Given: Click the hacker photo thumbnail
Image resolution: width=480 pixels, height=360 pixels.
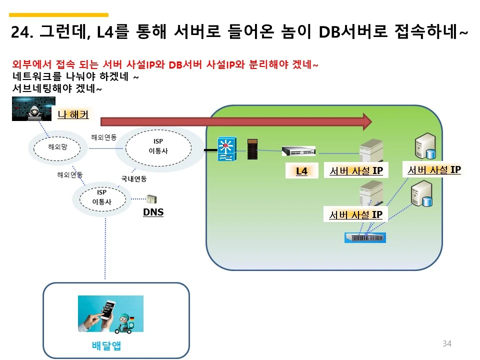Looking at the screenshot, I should (x=33, y=109).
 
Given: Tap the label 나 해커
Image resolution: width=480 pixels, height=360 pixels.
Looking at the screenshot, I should (x=73, y=114).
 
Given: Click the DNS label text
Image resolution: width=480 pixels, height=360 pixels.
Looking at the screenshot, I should (x=153, y=212).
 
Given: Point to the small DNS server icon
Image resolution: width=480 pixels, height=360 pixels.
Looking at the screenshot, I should (x=151, y=199).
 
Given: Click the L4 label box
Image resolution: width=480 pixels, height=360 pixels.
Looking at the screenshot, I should (x=301, y=171).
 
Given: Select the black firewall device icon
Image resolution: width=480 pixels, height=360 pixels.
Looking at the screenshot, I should (x=253, y=149).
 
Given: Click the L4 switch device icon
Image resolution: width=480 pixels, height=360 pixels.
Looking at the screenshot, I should (x=298, y=151).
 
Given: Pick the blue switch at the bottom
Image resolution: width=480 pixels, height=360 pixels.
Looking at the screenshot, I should (x=365, y=237).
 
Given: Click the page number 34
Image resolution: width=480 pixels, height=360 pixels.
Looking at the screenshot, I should (x=447, y=343).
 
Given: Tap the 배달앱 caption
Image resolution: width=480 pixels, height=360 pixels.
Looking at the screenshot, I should (x=106, y=345).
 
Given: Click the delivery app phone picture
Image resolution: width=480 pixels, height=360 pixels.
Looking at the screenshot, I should (x=110, y=313).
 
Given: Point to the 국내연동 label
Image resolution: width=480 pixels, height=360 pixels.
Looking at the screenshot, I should (x=134, y=178).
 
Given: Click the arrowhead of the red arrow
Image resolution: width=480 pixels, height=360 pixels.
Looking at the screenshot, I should (x=367, y=121).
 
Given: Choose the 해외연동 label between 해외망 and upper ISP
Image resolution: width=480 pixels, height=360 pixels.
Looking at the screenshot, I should (x=104, y=137).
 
